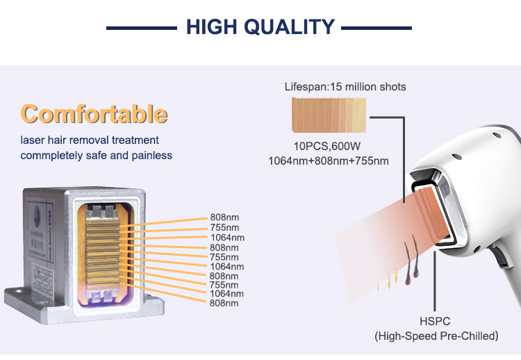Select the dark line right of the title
click(x=377, y=28)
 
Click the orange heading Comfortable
click(x=94, y=113)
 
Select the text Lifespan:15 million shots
click(x=345, y=87)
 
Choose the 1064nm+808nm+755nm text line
click(x=329, y=161)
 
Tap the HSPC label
click(x=436, y=322)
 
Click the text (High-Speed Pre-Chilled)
click(x=436, y=336)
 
